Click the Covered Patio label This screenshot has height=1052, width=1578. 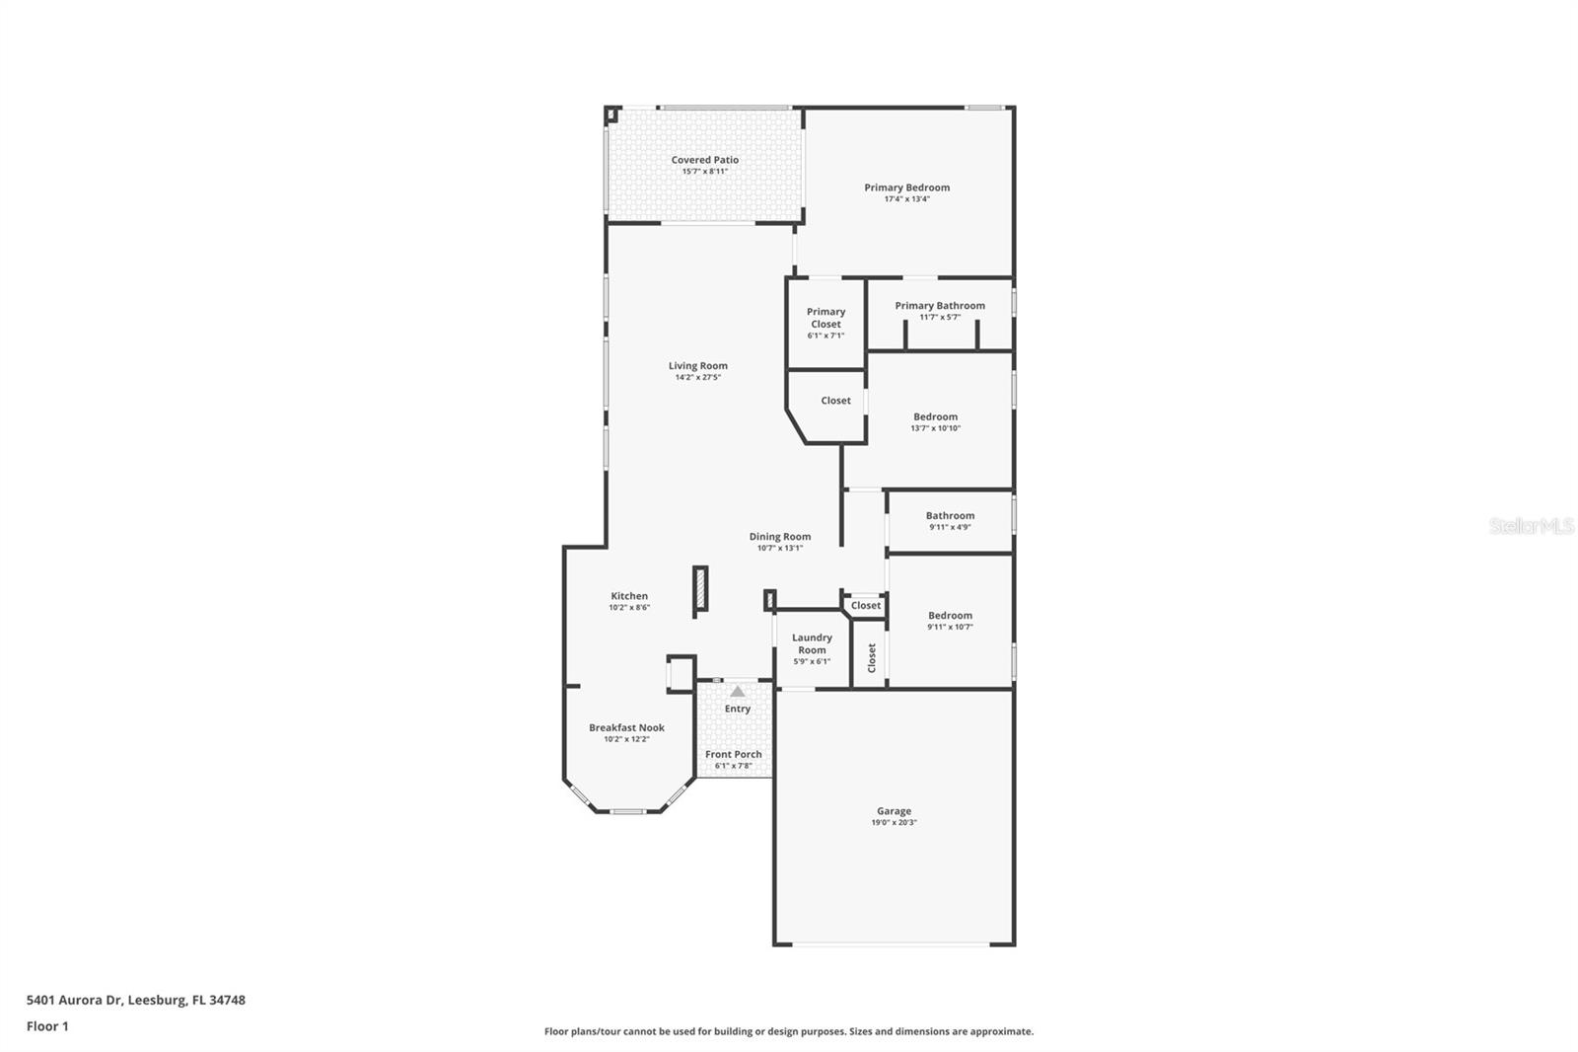point(704,160)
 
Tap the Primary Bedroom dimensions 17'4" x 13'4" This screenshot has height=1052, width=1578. point(906,199)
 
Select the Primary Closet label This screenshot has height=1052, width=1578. point(825,318)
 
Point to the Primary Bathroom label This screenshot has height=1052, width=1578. point(939,306)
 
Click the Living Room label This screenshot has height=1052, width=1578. point(697,366)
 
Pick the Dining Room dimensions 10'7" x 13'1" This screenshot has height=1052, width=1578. point(779,549)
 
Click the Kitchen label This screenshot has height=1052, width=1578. point(629,596)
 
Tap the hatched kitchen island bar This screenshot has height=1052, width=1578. point(700,591)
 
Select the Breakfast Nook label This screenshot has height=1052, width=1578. point(626,728)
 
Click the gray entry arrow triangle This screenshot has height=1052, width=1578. point(738,692)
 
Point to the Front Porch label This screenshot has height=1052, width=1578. point(733,755)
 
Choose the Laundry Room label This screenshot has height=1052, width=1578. point(812,643)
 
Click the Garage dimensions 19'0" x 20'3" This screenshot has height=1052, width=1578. point(894,823)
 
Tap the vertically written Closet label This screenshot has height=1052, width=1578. point(872,658)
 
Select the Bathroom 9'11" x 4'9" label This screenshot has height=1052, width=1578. point(950,516)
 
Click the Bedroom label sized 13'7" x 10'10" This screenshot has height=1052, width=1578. point(935,417)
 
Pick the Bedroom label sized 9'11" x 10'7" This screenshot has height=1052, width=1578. point(950,616)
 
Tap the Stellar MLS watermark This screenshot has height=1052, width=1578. point(1531,527)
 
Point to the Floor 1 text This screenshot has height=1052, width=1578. point(47,1026)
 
